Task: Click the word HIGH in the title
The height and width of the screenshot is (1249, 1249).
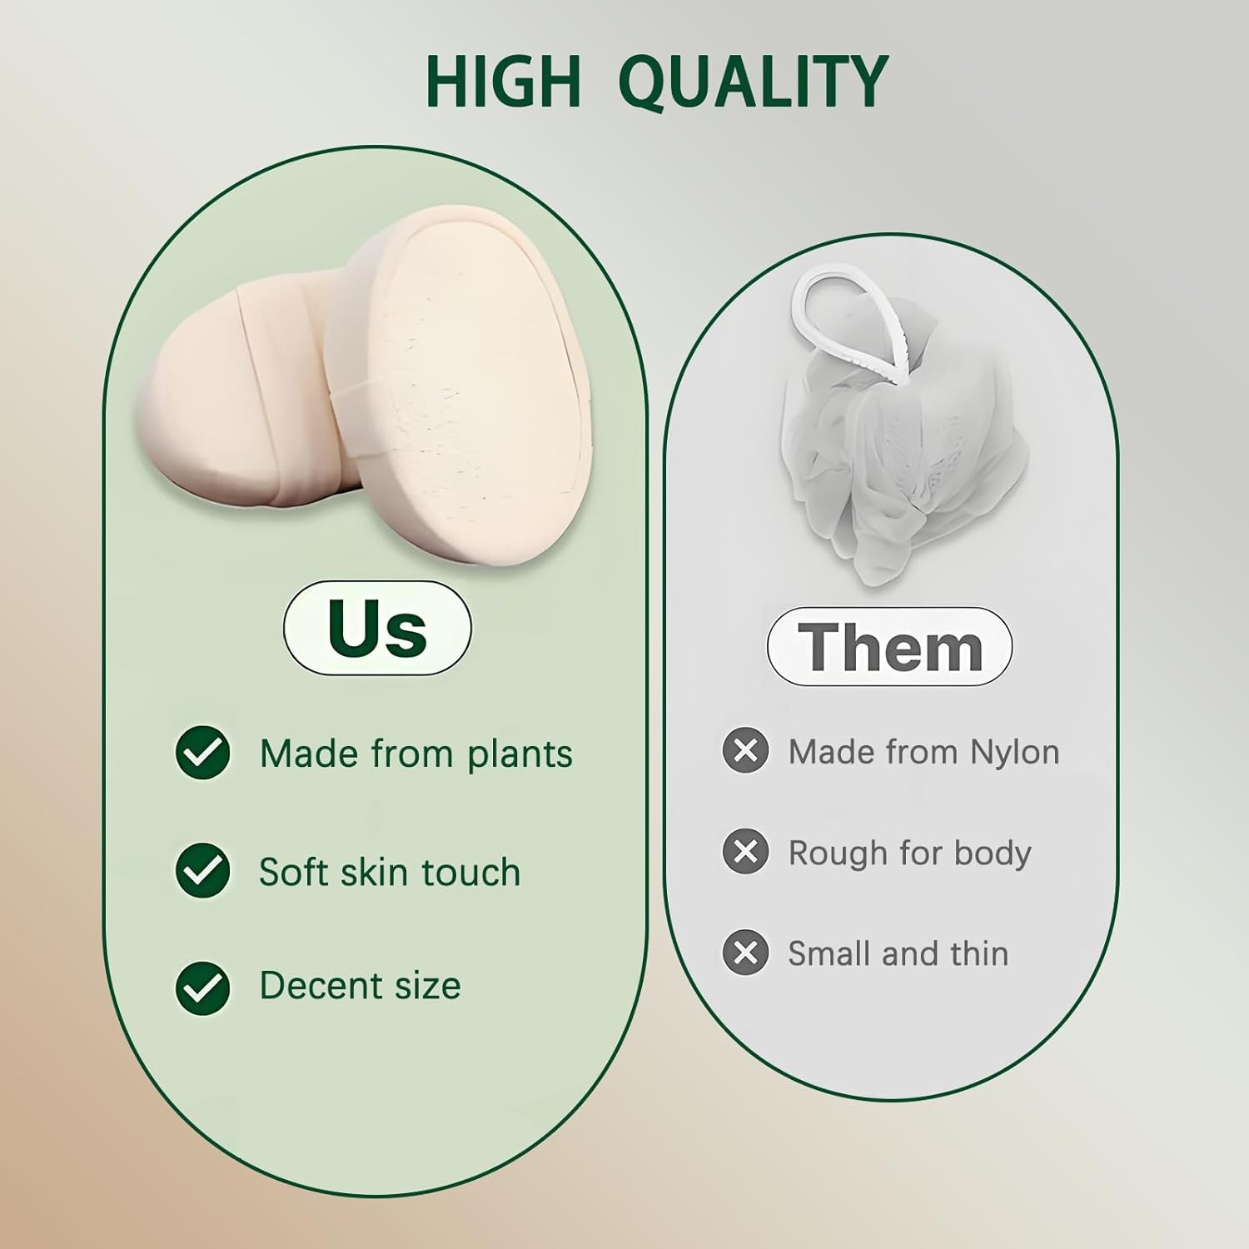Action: click(x=503, y=81)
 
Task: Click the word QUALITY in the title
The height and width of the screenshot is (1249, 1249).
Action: click(x=755, y=81)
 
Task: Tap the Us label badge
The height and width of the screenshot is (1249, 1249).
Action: click(x=377, y=628)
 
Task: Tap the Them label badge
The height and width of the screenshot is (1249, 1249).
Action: click(x=889, y=647)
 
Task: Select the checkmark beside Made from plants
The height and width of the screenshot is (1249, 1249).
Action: click(x=203, y=753)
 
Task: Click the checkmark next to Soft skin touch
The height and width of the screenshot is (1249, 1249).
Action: click(x=203, y=871)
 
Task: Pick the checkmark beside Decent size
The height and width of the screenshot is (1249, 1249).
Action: click(x=203, y=987)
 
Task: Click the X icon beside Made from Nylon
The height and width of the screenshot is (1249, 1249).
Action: click(x=745, y=751)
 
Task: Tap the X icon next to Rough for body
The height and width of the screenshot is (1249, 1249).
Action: click(x=745, y=852)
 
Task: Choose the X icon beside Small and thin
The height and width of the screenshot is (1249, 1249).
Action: click(x=745, y=953)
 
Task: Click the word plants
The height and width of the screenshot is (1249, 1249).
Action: click(x=520, y=754)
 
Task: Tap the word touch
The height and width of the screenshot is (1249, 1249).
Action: click(x=470, y=872)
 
